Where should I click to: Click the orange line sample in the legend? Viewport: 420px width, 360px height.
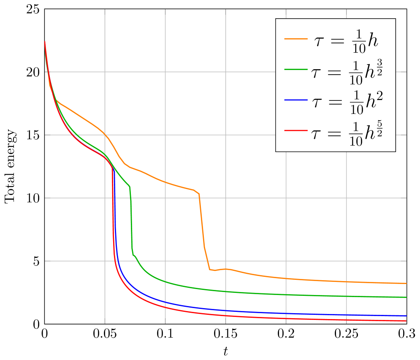pos(295,39)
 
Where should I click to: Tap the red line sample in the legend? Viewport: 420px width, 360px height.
pos(295,131)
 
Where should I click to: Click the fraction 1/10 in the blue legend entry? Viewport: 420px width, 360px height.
pos(356,103)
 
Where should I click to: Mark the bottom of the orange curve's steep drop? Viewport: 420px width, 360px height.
pos(210,270)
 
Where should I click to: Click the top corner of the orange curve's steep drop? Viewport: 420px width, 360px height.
pos(199,194)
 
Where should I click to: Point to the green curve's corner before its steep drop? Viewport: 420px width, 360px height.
pos(130,186)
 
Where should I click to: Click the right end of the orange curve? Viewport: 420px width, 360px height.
pos(406,283)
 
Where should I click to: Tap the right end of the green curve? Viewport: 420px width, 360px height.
pos(406,297)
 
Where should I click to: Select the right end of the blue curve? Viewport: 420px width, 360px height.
pos(406,316)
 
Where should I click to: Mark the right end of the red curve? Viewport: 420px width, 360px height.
pos(406,321)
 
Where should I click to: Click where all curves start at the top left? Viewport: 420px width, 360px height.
pos(45,42)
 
